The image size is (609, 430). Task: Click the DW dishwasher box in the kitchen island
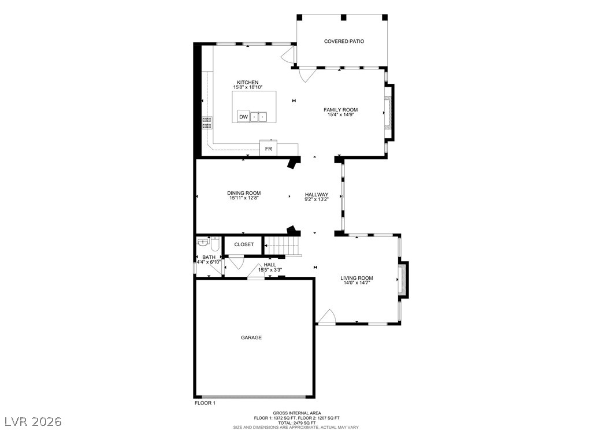(x=243, y=117)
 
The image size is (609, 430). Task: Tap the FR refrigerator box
(x=268, y=149)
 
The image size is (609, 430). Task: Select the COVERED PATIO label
(x=344, y=42)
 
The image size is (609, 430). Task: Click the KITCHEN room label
(x=247, y=82)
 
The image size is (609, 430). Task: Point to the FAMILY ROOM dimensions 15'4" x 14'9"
(x=340, y=114)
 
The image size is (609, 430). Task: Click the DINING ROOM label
(x=243, y=193)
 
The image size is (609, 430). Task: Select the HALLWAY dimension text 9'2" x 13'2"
(x=317, y=199)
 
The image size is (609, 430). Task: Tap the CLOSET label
(x=244, y=244)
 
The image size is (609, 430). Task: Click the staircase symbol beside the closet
(x=283, y=246)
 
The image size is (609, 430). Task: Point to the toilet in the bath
(x=215, y=244)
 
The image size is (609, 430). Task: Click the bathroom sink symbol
(x=202, y=243)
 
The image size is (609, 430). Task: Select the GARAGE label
(x=251, y=338)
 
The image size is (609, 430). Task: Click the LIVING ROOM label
(x=357, y=278)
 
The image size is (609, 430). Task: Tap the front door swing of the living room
(x=326, y=317)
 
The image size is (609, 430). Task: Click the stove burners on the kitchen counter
(x=206, y=122)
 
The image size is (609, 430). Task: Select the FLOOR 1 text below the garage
(x=205, y=403)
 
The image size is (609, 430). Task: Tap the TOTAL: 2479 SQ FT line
(x=296, y=422)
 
